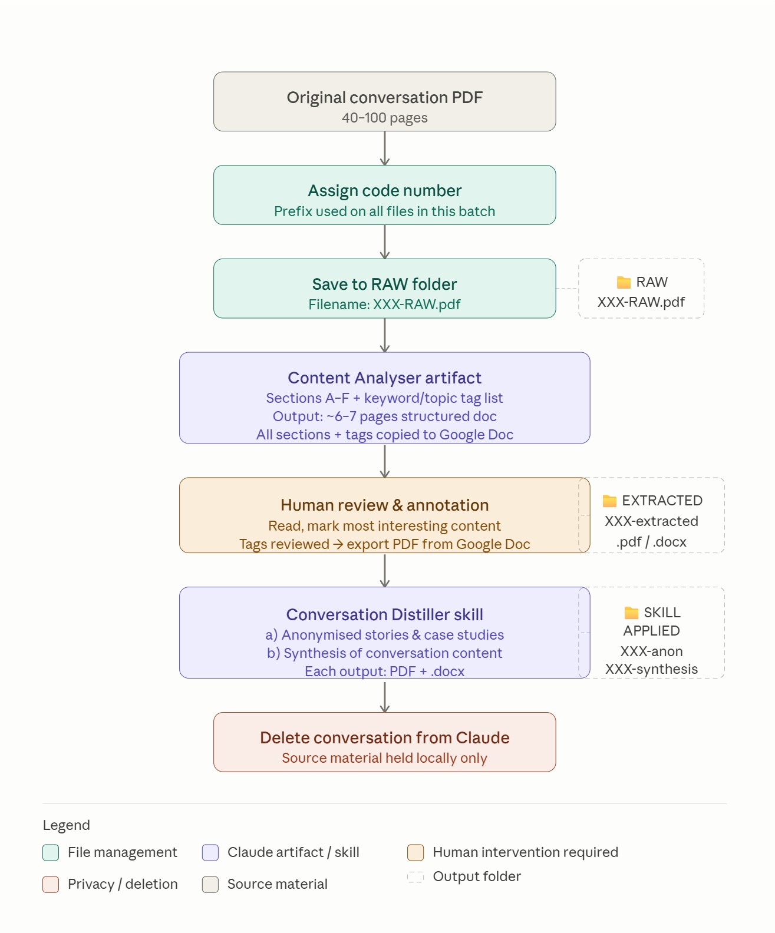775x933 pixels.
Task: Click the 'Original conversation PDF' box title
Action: click(x=385, y=97)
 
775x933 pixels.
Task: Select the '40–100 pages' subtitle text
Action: click(x=385, y=118)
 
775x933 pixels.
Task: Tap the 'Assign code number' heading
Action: click(x=385, y=191)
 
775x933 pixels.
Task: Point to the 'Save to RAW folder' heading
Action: click(x=385, y=284)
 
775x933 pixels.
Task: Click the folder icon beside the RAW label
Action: click(x=624, y=282)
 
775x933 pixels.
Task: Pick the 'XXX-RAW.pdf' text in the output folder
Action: click(x=641, y=302)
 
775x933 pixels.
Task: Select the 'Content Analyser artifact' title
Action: click(x=385, y=378)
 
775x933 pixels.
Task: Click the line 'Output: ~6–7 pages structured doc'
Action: click(x=385, y=416)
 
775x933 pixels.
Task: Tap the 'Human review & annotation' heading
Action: click(x=385, y=505)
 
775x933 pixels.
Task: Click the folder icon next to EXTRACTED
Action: click(x=609, y=501)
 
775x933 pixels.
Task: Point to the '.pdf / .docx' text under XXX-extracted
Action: click(x=651, y=541)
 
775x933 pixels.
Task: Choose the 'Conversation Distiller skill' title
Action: click(x=385, y=614)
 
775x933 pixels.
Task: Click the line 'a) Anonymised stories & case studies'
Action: click(x=385, y=634)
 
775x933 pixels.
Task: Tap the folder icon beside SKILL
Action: click(x=631, y=612)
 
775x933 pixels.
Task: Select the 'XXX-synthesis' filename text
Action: click(x=651, y=669)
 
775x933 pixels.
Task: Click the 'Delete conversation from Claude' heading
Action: click(x=385, y=737)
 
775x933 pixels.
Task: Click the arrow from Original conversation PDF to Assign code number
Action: click(x=385, y=148)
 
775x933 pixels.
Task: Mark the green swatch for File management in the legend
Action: click(x=51, y=852)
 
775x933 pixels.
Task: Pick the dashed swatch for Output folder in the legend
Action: click(x=415, y=876)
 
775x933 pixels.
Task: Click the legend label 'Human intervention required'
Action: click(x=526, y=852)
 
